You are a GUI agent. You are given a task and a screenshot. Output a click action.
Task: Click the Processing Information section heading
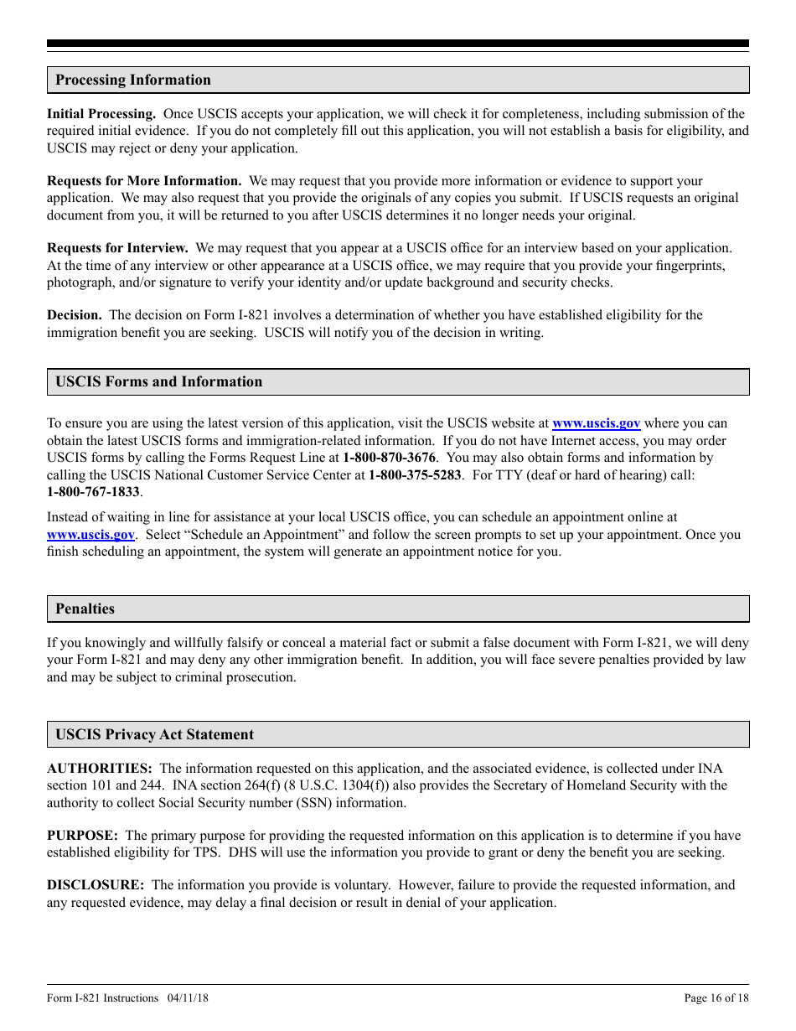(x=133, y=80)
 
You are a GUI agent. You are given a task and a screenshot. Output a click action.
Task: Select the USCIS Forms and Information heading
(x=158, y=382)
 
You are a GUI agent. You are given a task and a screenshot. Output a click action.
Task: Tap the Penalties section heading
(x=85, y=609)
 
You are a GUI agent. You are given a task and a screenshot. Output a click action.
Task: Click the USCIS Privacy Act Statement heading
(x=154, y=735)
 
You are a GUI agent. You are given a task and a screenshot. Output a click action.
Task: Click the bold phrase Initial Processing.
(x=101, y=114)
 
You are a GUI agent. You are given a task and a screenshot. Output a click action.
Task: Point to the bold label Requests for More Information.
(x=144, y=181)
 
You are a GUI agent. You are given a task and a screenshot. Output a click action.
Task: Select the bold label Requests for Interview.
(x=117, y=248)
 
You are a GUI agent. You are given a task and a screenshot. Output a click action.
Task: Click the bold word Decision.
(x=75, y=315)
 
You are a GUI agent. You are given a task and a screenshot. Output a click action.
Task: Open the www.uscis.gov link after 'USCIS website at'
(x=596, y=424)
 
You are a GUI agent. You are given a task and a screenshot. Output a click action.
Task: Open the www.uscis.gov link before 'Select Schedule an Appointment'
(x=90, y=535)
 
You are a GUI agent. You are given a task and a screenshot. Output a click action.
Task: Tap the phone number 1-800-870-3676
(x=389, y=458)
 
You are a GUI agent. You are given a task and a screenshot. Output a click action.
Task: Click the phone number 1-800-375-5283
(x=415, y=474)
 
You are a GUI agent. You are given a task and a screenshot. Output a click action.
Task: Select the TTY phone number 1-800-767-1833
(x=93, y=492)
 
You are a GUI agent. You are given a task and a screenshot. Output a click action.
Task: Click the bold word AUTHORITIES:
(x=100, y=769)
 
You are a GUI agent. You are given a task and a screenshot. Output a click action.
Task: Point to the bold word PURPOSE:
(x=82, y=836)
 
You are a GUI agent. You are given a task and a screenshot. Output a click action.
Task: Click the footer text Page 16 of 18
(x=716, y=998)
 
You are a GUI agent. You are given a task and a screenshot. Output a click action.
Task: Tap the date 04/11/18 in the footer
(x=188, y=998)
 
